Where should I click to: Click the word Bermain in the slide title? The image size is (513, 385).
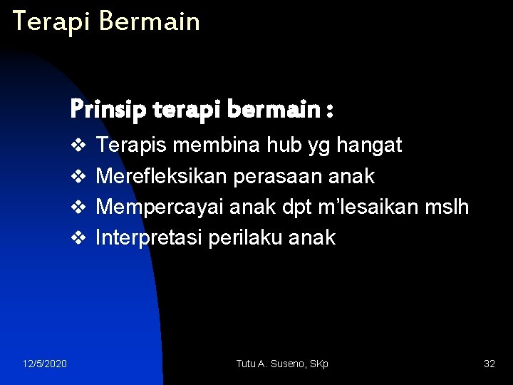tap(150, 21)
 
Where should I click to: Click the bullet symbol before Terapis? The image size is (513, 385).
tap(78, 146)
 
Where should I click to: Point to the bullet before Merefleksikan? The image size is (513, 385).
tap(78, 176)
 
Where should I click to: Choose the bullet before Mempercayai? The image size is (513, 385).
tap(78, 207)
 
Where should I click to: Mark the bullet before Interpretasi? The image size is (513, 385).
tap(78, 237)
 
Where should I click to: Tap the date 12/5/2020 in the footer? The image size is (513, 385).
tap(45, 364)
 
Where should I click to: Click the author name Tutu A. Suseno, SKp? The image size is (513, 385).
tap(282, 364)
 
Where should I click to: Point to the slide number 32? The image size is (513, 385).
tap(489, 364)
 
